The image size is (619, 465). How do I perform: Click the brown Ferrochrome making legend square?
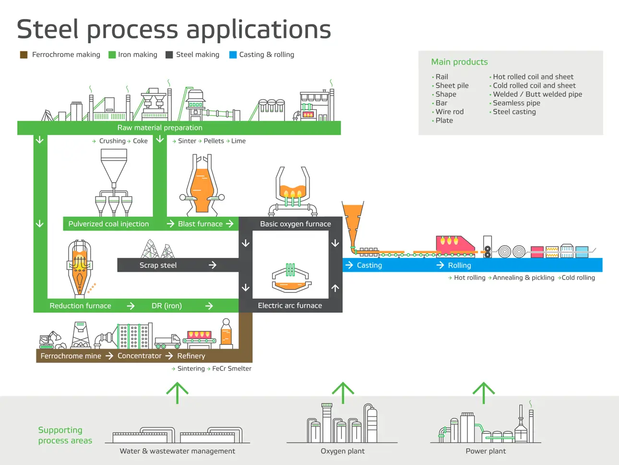point(24,55)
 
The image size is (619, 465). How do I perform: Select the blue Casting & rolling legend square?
point(233,55)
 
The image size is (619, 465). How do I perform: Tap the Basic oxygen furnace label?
point(295,224)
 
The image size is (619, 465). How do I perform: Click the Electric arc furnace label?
point(290,305)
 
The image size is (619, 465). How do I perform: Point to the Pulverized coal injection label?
point(108,224)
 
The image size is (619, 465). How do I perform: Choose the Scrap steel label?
point(158,265)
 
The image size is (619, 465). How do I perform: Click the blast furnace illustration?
point(202,185)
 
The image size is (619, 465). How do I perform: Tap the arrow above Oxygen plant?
point(343,393)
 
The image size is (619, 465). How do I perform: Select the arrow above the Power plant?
point(484,393)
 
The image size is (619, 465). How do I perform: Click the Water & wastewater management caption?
point(177,451)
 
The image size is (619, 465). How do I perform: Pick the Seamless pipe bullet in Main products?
point(516,103)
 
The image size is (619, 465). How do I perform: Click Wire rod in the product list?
point(450,112)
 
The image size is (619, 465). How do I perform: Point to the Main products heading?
point(459,62)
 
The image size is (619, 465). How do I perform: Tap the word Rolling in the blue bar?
point(459,265)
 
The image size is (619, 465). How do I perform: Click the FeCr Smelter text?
point(232,369)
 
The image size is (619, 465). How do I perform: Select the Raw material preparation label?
point(160,128)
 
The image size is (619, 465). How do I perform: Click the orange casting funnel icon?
point(353,223)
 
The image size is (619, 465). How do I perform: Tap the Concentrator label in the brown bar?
point(139,356)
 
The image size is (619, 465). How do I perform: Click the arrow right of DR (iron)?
point(209,306)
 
